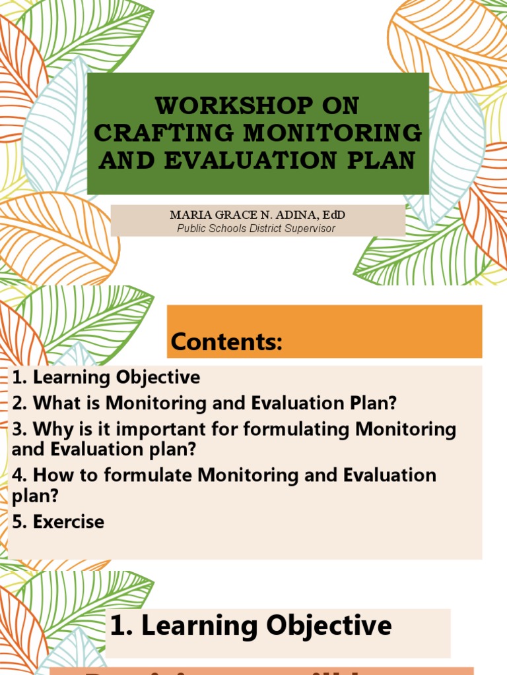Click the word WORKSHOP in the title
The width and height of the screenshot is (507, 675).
pyautogui.click(x=210, y=105)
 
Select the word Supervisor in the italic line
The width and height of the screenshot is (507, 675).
pyautogui.click(x=311, y=229)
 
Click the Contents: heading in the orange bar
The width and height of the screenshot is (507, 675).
pyautogui.click(x=226, y=342)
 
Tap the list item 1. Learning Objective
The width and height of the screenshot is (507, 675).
pyautogui.click(x=106, y=378)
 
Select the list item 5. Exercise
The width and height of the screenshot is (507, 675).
pyautogui.click(x=58, y=522)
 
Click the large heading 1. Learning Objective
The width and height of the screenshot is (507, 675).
pyautogui.click(x=250, y=626)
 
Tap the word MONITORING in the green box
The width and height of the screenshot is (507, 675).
pyautogui.click(x=333, y=132)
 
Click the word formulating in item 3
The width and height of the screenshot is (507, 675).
pyautogui.click(x=297, y=429)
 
